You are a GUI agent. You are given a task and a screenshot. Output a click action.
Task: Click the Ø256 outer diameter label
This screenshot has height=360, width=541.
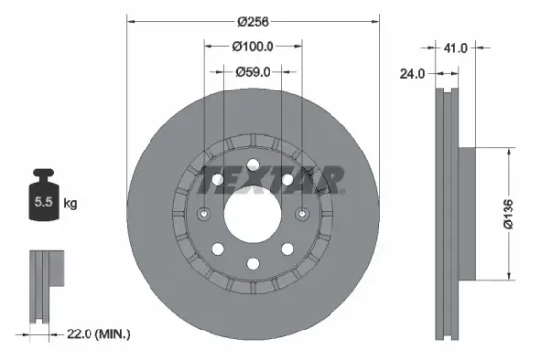[x=252, y=21]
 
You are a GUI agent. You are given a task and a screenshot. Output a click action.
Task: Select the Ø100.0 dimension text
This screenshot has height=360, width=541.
[x=253, y=45]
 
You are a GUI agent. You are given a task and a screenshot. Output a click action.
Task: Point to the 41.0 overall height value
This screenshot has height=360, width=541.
[x=454, y=45]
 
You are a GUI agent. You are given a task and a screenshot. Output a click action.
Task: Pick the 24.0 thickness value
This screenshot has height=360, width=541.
[x=413, y=71]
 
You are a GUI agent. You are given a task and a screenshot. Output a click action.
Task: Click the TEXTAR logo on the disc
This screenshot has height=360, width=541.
[x=271, y=180]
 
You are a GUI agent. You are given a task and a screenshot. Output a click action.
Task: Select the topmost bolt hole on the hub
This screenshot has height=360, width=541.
[x=252, y=164]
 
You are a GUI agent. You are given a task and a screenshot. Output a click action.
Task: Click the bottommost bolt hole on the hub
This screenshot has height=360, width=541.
[x=252, y=263]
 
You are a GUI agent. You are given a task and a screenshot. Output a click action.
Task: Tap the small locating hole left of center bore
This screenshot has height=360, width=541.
[x=204, y=214]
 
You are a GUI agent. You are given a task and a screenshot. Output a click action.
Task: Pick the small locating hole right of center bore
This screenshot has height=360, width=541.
[x=301, y=214]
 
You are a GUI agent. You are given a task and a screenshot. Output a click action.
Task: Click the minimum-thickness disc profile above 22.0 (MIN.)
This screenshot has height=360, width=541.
[x=39, y=285]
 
